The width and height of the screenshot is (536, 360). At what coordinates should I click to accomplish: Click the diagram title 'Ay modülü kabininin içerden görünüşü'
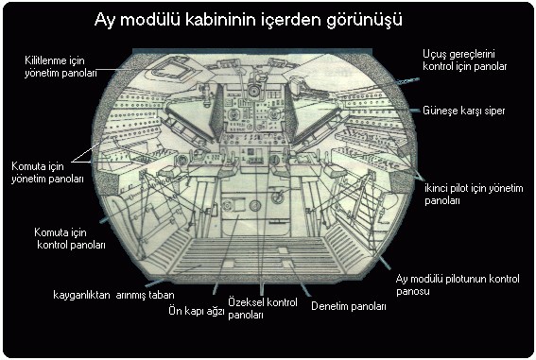(x=249, y=20)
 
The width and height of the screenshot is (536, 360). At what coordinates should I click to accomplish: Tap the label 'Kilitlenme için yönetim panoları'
(x=61, y=67)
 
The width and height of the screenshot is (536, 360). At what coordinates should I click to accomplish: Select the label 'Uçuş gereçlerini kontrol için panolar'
(x=464, y=60)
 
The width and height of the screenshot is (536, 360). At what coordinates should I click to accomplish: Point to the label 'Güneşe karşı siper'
(x=464, y=111)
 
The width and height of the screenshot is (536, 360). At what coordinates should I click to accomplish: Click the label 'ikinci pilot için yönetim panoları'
(x=474, y=195)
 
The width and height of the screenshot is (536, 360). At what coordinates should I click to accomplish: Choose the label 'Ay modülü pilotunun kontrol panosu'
(x=458, y=284)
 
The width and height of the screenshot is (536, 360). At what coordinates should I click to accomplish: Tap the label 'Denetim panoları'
(x=348, y=306)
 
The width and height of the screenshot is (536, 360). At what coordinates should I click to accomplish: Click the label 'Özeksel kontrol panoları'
(x=263, y=308)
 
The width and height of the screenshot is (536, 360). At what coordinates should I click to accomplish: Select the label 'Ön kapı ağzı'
(x=197, y=311)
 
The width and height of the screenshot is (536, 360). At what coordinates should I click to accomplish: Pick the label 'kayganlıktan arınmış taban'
(x=113, y=295)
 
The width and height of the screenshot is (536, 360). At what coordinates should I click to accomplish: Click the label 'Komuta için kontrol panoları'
(x=69, y=239)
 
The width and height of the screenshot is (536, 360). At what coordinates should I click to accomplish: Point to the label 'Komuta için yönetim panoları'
(x=47, y=173)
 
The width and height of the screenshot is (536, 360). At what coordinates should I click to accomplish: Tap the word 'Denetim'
(x=329, y=306)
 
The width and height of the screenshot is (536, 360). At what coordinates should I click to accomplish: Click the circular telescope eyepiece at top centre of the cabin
(x=253, y=92)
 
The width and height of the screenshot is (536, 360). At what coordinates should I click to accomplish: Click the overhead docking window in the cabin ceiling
(x=170, y=70)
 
